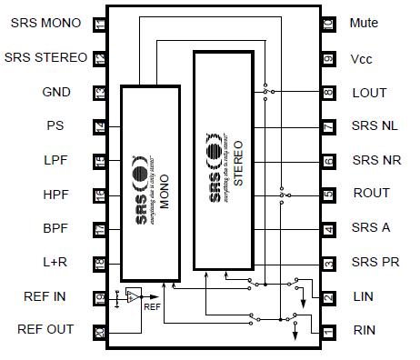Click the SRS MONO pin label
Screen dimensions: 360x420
pyautogui.click(x=45, y=23)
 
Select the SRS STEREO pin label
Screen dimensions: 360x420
pyautogui.click(x=45, y=57)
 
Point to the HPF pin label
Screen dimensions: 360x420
pyautogui.click(x=56, y=194)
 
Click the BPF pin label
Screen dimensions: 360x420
pyautogui.click(x=56, y=228)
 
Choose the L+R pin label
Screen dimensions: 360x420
pyautogui.click(x=56, y=262)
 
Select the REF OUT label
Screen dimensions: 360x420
pyautogui.click(x=45, y=329)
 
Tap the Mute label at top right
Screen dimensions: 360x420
pyautogui.click(x=364, y=23)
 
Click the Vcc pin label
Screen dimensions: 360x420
pyautogui.click(x=362, y=58)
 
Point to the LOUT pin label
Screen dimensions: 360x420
pyautogui.click(x=369, y=93)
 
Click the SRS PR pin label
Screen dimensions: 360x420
pyautogui.click(x=375, y=262)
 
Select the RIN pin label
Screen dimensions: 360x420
pyautogui.click(x=364, y=330)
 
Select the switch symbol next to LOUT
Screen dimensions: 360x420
pyautogui.click(x=265, y=92)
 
